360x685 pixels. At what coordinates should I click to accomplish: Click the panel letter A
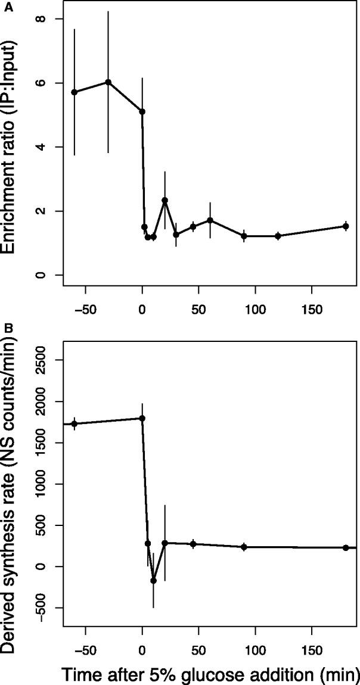[5, 5]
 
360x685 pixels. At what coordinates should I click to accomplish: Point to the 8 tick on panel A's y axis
[51, 19]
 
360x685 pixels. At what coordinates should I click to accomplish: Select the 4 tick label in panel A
[51, 147]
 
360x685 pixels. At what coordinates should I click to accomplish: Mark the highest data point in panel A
[108, 82]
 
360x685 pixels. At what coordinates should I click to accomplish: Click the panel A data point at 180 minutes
[346, 226]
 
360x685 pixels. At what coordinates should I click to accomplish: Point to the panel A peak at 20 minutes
[165, 200]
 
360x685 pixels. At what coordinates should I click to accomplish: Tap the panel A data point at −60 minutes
[74, 92]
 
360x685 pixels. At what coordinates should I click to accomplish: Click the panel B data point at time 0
[142, 418]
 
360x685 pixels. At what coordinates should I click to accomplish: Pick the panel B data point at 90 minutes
[244, 547]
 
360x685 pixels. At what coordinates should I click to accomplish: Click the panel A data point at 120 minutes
[278, 236]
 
